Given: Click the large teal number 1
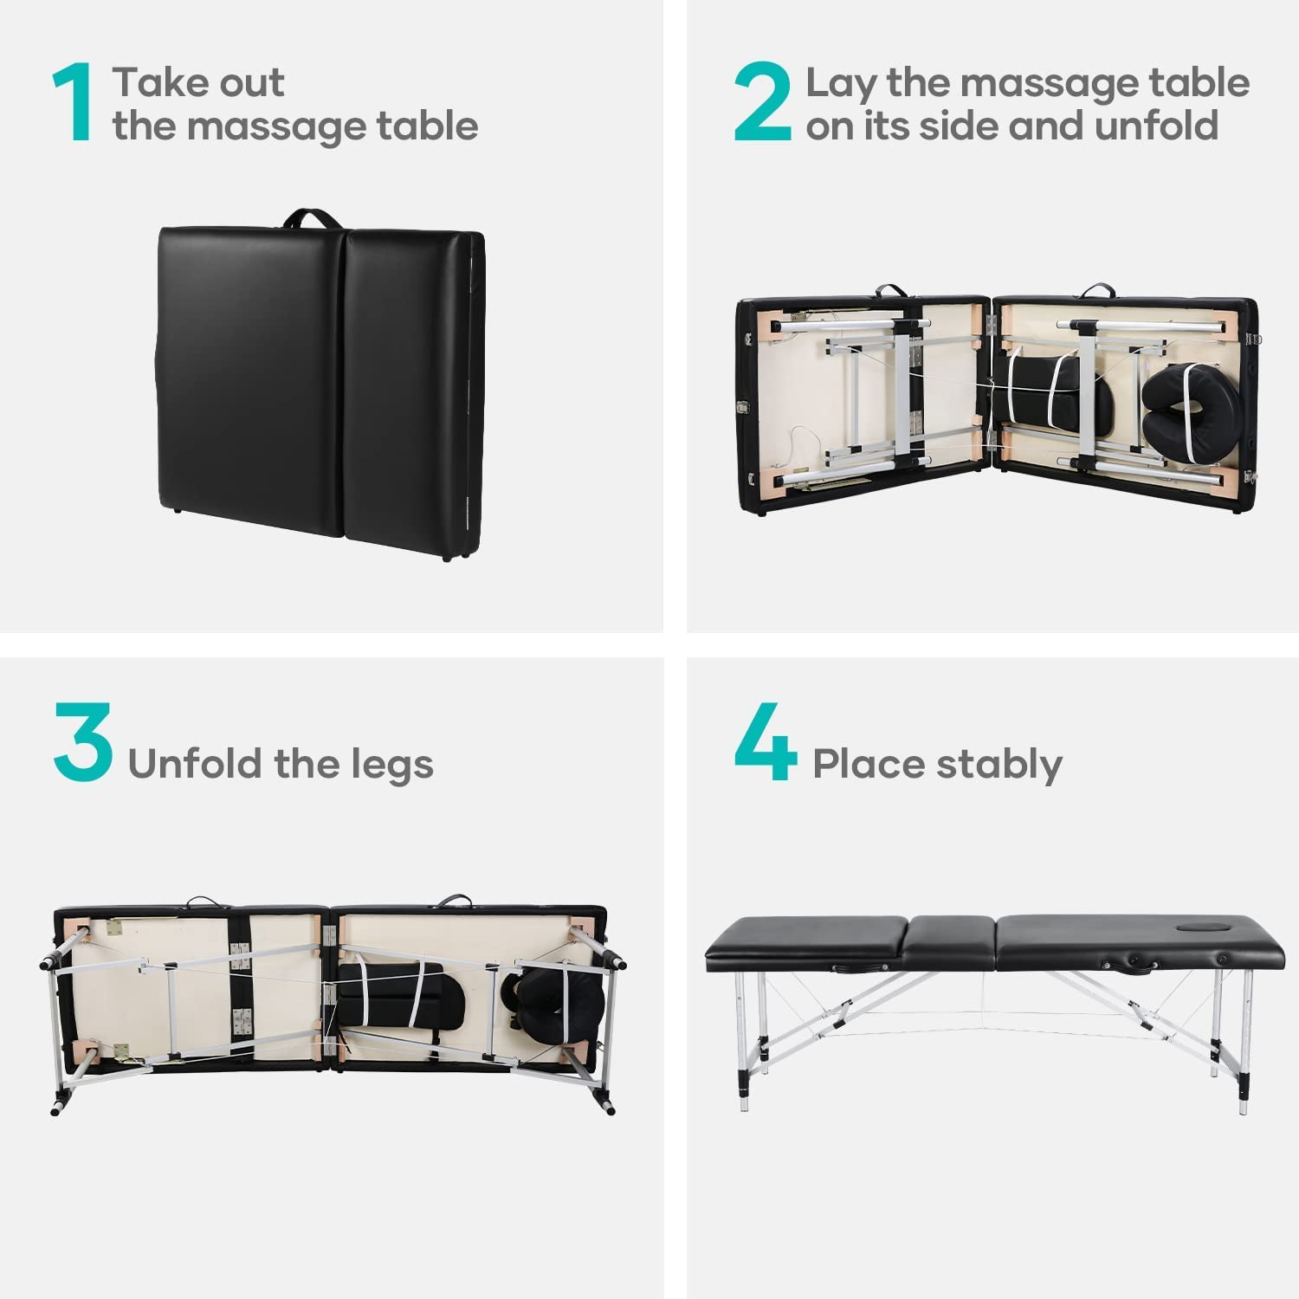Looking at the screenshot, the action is click(73, 102).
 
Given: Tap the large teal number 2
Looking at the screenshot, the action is click(763, 102).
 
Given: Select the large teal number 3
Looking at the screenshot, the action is click(83, 741).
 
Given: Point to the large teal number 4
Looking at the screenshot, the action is click(766, 741).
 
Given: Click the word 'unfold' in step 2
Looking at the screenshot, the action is click(1157, 126).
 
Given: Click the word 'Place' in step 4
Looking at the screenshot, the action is click(857, 765).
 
